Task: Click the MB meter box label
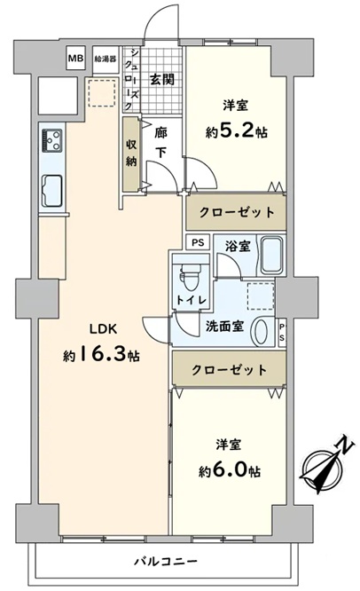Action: tap(75, 59)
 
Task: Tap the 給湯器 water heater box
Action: tap(106, 59)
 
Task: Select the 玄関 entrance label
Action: tap(162, 80)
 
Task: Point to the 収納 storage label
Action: tap(131, 153)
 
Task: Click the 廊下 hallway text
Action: tap(161, 143)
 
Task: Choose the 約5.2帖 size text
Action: tap(237, 132)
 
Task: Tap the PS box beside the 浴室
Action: tap(198, 242)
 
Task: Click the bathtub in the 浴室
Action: tap(272, 256)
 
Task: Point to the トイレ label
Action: tap(192, 300)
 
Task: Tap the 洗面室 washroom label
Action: tap(224, 327)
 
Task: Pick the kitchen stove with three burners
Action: tap(52, 140)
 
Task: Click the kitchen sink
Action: tap(51, 191)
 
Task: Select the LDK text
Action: tap(104, 329)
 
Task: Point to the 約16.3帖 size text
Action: tap(102, 355)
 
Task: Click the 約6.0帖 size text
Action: tap(230, 470)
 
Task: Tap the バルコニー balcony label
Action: tap(166, 562)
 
